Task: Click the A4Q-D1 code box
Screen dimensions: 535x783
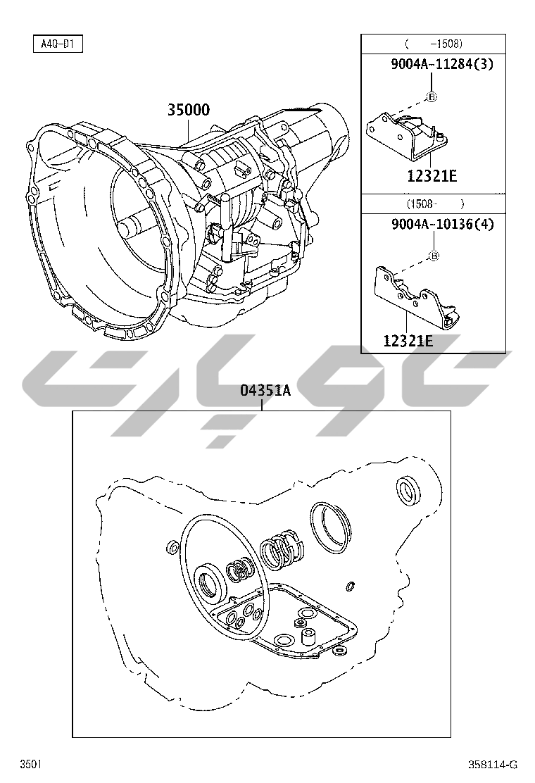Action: pos(58,44)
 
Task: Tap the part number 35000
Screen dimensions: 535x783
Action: pos(188,110)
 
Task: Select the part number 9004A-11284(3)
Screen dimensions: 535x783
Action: pos(441,64)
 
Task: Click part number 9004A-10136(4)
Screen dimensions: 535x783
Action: pos(442,224)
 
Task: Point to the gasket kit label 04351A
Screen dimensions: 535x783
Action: pos(265,390)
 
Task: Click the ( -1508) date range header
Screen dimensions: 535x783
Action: pos(433,44)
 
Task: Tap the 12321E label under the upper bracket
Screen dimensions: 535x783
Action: pos(432,176)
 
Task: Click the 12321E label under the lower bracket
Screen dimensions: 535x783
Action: pos(408,341)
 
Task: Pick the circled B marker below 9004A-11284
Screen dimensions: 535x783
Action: pos(432,97)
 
